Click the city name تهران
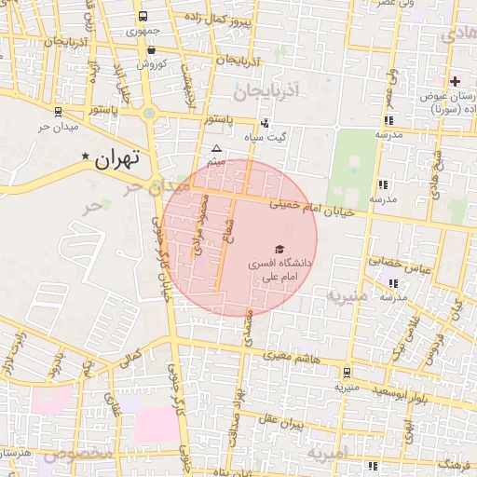tap(116, 158)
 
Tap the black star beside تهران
tap(86, 157)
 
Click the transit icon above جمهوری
tap(143, 17)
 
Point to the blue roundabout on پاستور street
tap(148, 114)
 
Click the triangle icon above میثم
tap(217, 149)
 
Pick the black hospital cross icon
tap(455, 82)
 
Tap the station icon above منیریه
tap(347, 371)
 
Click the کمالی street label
tap(131, 359)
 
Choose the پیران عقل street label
tap(284, 422)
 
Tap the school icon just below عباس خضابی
tap(393, 282)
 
